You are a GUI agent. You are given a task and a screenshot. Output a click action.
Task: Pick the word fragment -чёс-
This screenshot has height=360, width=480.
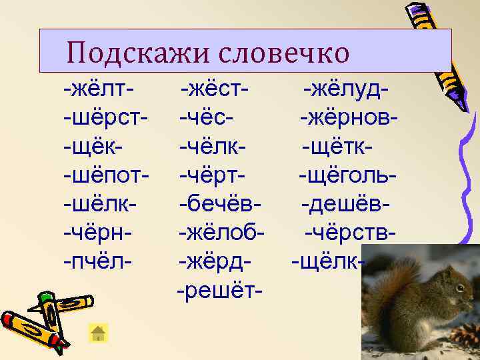pyautogui.click(x=206, y=117)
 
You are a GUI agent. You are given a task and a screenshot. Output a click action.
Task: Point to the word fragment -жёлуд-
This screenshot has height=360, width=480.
pyautogui.click(x=347, y=88)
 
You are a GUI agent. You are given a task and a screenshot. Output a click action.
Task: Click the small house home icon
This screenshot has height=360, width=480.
pyautogui.click(x=99, y=333)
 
